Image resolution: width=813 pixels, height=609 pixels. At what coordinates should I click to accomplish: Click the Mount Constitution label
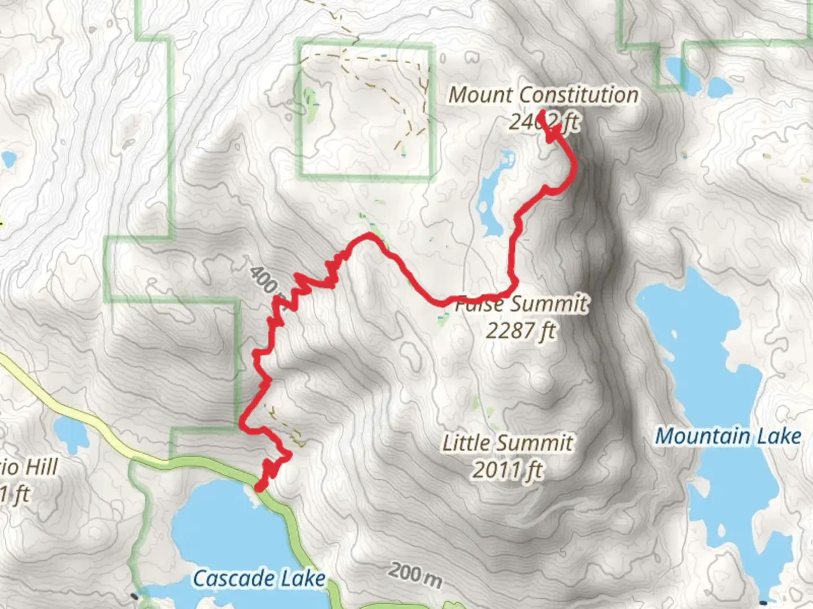point(543,95)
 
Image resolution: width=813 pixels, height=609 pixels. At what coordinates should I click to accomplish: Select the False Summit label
point(521,304)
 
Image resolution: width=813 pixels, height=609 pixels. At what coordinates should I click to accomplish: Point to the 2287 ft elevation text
point(521,330)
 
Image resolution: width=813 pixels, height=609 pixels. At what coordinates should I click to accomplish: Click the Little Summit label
point(507,443)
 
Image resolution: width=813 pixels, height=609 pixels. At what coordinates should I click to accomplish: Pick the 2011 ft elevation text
point(507,470)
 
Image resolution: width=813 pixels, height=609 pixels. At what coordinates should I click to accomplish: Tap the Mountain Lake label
point(728,436)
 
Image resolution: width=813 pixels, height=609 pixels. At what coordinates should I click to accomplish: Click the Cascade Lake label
point(259,579)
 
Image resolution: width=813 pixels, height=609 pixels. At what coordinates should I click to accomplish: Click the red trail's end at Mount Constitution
point(540,113)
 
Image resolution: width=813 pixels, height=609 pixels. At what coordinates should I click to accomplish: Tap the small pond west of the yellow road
point(72,434)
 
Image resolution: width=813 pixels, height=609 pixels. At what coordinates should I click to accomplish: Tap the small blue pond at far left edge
point(8,160)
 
